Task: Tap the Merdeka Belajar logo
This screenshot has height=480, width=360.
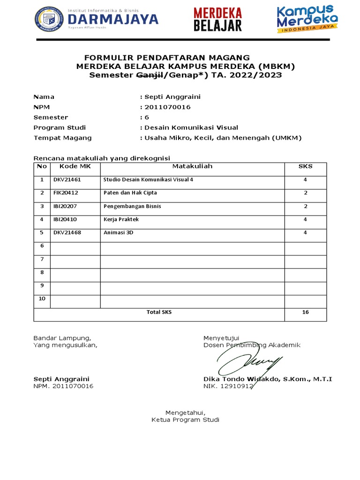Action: (x=218, y=19)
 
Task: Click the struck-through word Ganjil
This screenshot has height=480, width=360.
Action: (x=149, y=75)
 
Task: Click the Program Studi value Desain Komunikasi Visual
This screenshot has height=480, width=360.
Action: (x=191, y=127)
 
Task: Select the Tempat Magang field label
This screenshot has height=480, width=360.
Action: (x=62, y=138)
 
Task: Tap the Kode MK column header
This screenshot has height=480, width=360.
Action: (x=75, y=166)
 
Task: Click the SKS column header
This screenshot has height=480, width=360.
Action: (x=305, y=166)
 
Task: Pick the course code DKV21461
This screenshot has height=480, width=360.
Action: (x=67, y=180)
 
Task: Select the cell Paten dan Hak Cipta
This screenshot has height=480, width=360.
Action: (x=130, y=193)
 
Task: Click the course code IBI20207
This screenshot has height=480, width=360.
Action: (x=66, y=206)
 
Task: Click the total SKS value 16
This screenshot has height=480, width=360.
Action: (x=305, y=312)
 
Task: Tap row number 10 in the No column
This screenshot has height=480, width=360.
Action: (x=42, y=299)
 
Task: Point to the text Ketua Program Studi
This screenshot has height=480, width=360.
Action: (x=185, y=420)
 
